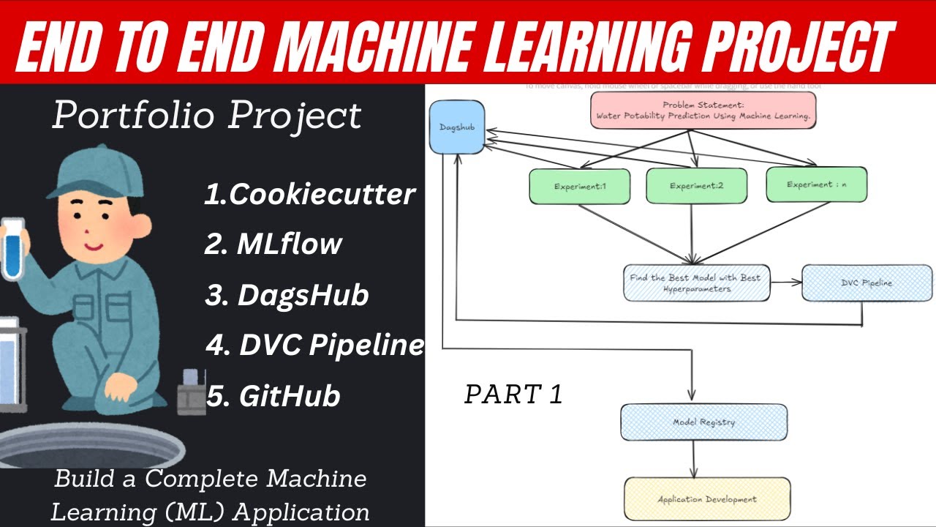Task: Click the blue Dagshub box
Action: coord(457,127)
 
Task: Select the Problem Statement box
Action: coord(703,111)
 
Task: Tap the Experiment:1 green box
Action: coord(579,186)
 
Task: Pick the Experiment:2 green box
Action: coord(696,186)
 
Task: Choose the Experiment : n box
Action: coord(816,185)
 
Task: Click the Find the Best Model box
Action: coord(696,283)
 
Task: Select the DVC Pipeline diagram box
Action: coord(867,283)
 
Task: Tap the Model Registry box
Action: coord(703,422)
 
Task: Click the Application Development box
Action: coord(706,499)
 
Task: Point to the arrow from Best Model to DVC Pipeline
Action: coord(786,282)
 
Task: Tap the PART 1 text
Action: coord(513,395)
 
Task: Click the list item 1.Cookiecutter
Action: coord(310,195)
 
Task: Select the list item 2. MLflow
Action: coord(273,244)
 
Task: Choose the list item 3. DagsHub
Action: coord(287,295)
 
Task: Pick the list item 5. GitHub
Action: coord(273,396)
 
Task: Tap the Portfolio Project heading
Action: coord(207,116)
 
